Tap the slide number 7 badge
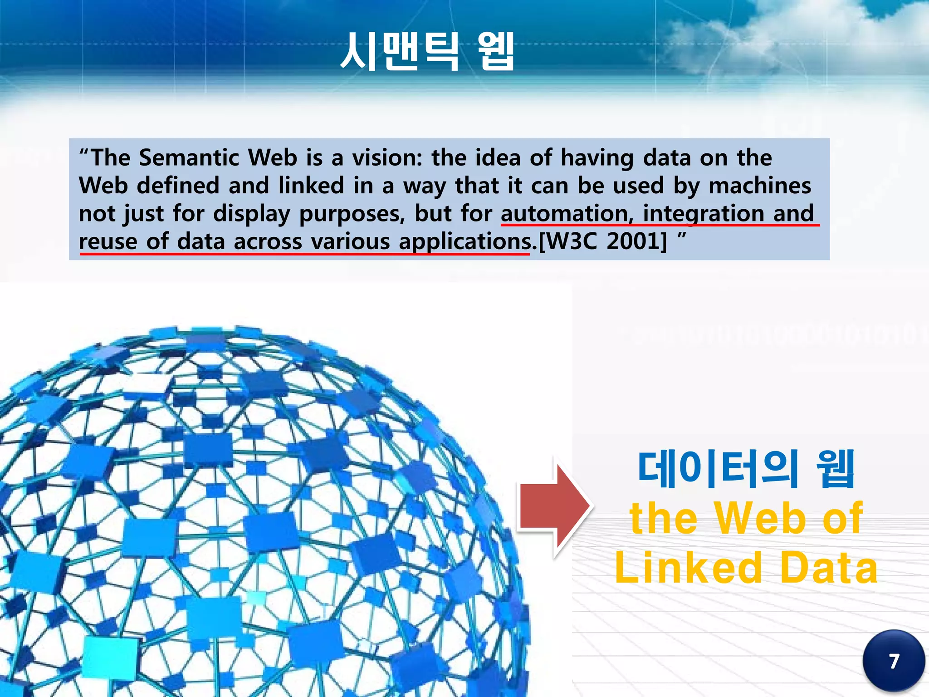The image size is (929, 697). click(893, 661)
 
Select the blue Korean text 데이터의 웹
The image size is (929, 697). click(746, 469)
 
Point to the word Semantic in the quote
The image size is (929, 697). click(189, 158)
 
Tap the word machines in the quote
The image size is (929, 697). click(760, 186)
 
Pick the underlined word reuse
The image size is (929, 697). click(108, 241)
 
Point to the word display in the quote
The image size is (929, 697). click(251, 214)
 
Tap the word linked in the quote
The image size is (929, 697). click(311, 186)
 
